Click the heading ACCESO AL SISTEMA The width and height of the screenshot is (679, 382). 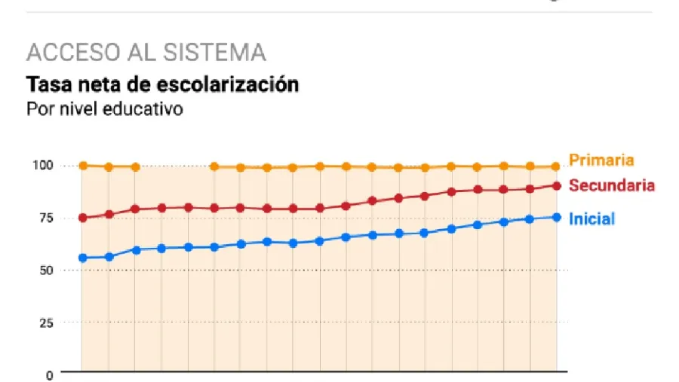[146, 53]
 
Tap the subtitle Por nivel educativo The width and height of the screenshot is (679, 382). [104, 108]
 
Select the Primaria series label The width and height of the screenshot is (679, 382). [601, 160]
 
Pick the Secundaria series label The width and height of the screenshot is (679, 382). [611, 185]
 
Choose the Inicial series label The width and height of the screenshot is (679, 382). [591, 219]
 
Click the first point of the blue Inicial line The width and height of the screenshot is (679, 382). [82, 258]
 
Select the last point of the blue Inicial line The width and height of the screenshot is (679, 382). [557, 217]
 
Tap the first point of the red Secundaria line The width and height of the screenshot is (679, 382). [82, 218]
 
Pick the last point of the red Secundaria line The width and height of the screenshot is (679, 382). [557, 185]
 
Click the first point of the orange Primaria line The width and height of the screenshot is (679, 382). [82, 166]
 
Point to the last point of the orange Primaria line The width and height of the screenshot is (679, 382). [557, 167]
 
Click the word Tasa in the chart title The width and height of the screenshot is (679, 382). [46, 84]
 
